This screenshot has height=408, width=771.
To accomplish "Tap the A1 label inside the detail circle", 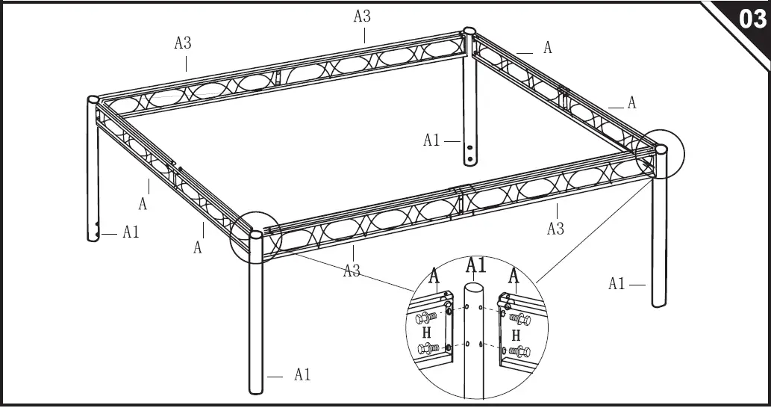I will [x=476, y=265].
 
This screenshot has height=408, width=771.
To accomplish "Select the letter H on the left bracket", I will [x=427, y=333].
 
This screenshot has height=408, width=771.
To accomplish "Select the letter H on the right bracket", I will [x=515, y=336].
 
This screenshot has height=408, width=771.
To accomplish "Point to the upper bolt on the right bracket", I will [x=519, y=321].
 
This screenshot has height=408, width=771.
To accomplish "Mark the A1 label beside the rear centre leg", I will [x=432, y=140].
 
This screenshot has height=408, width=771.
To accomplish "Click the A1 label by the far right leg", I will [x=617, y=283].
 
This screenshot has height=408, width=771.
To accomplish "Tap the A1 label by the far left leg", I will [x=131, y=232].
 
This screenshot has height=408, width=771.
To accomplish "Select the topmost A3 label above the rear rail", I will [x=362, y=16].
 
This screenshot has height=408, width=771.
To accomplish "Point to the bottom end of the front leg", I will [x=256, y=389].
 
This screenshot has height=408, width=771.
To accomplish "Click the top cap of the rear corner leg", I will [x=469, y=31].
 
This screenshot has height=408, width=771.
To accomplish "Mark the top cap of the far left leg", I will [x=93, y=99].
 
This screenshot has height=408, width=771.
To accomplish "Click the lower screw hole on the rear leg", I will [x=469, y=159].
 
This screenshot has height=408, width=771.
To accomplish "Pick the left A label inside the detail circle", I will [x=434, y=276].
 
